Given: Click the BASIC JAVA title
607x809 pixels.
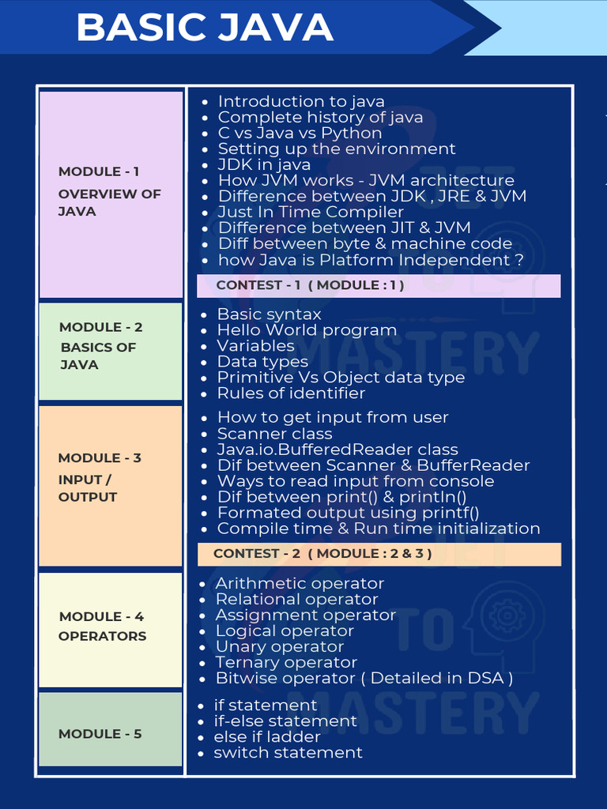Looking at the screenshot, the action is (x=205, y=28).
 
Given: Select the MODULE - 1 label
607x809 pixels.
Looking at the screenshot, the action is (x=99, y=171).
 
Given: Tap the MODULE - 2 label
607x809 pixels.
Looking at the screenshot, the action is (x=101, y=327).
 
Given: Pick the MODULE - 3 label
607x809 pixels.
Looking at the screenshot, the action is (x=100, y=458).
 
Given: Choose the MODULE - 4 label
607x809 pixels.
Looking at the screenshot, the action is (x=101, y=616).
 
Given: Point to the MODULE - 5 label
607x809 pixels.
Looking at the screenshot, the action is (x=100, y=734).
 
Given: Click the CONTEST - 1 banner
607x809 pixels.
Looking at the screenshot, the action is (x=310, y=285).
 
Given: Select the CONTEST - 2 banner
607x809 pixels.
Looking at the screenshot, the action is (x=322, y=554).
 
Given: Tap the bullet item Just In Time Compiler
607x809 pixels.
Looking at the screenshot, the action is (x=311, y=212).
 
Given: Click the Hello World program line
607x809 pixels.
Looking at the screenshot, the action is (x=307, y=330).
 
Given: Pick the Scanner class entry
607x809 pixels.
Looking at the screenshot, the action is (x=274, y=434).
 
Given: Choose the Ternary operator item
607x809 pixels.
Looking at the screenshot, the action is (x=286, y=662).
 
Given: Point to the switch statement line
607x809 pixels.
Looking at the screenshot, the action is (x=288, y=753).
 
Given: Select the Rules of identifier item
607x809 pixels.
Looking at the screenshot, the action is (x=291, y=393).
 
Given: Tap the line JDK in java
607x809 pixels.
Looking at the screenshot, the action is (x=264, y=164).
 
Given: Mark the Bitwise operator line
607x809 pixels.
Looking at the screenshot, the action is (x=364, y=678).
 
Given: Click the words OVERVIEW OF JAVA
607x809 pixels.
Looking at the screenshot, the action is (x=109, y=202).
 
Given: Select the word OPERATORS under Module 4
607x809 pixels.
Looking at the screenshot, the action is (x=103, y=636).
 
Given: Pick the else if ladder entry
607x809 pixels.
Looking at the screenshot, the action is (x=267, y=737).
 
